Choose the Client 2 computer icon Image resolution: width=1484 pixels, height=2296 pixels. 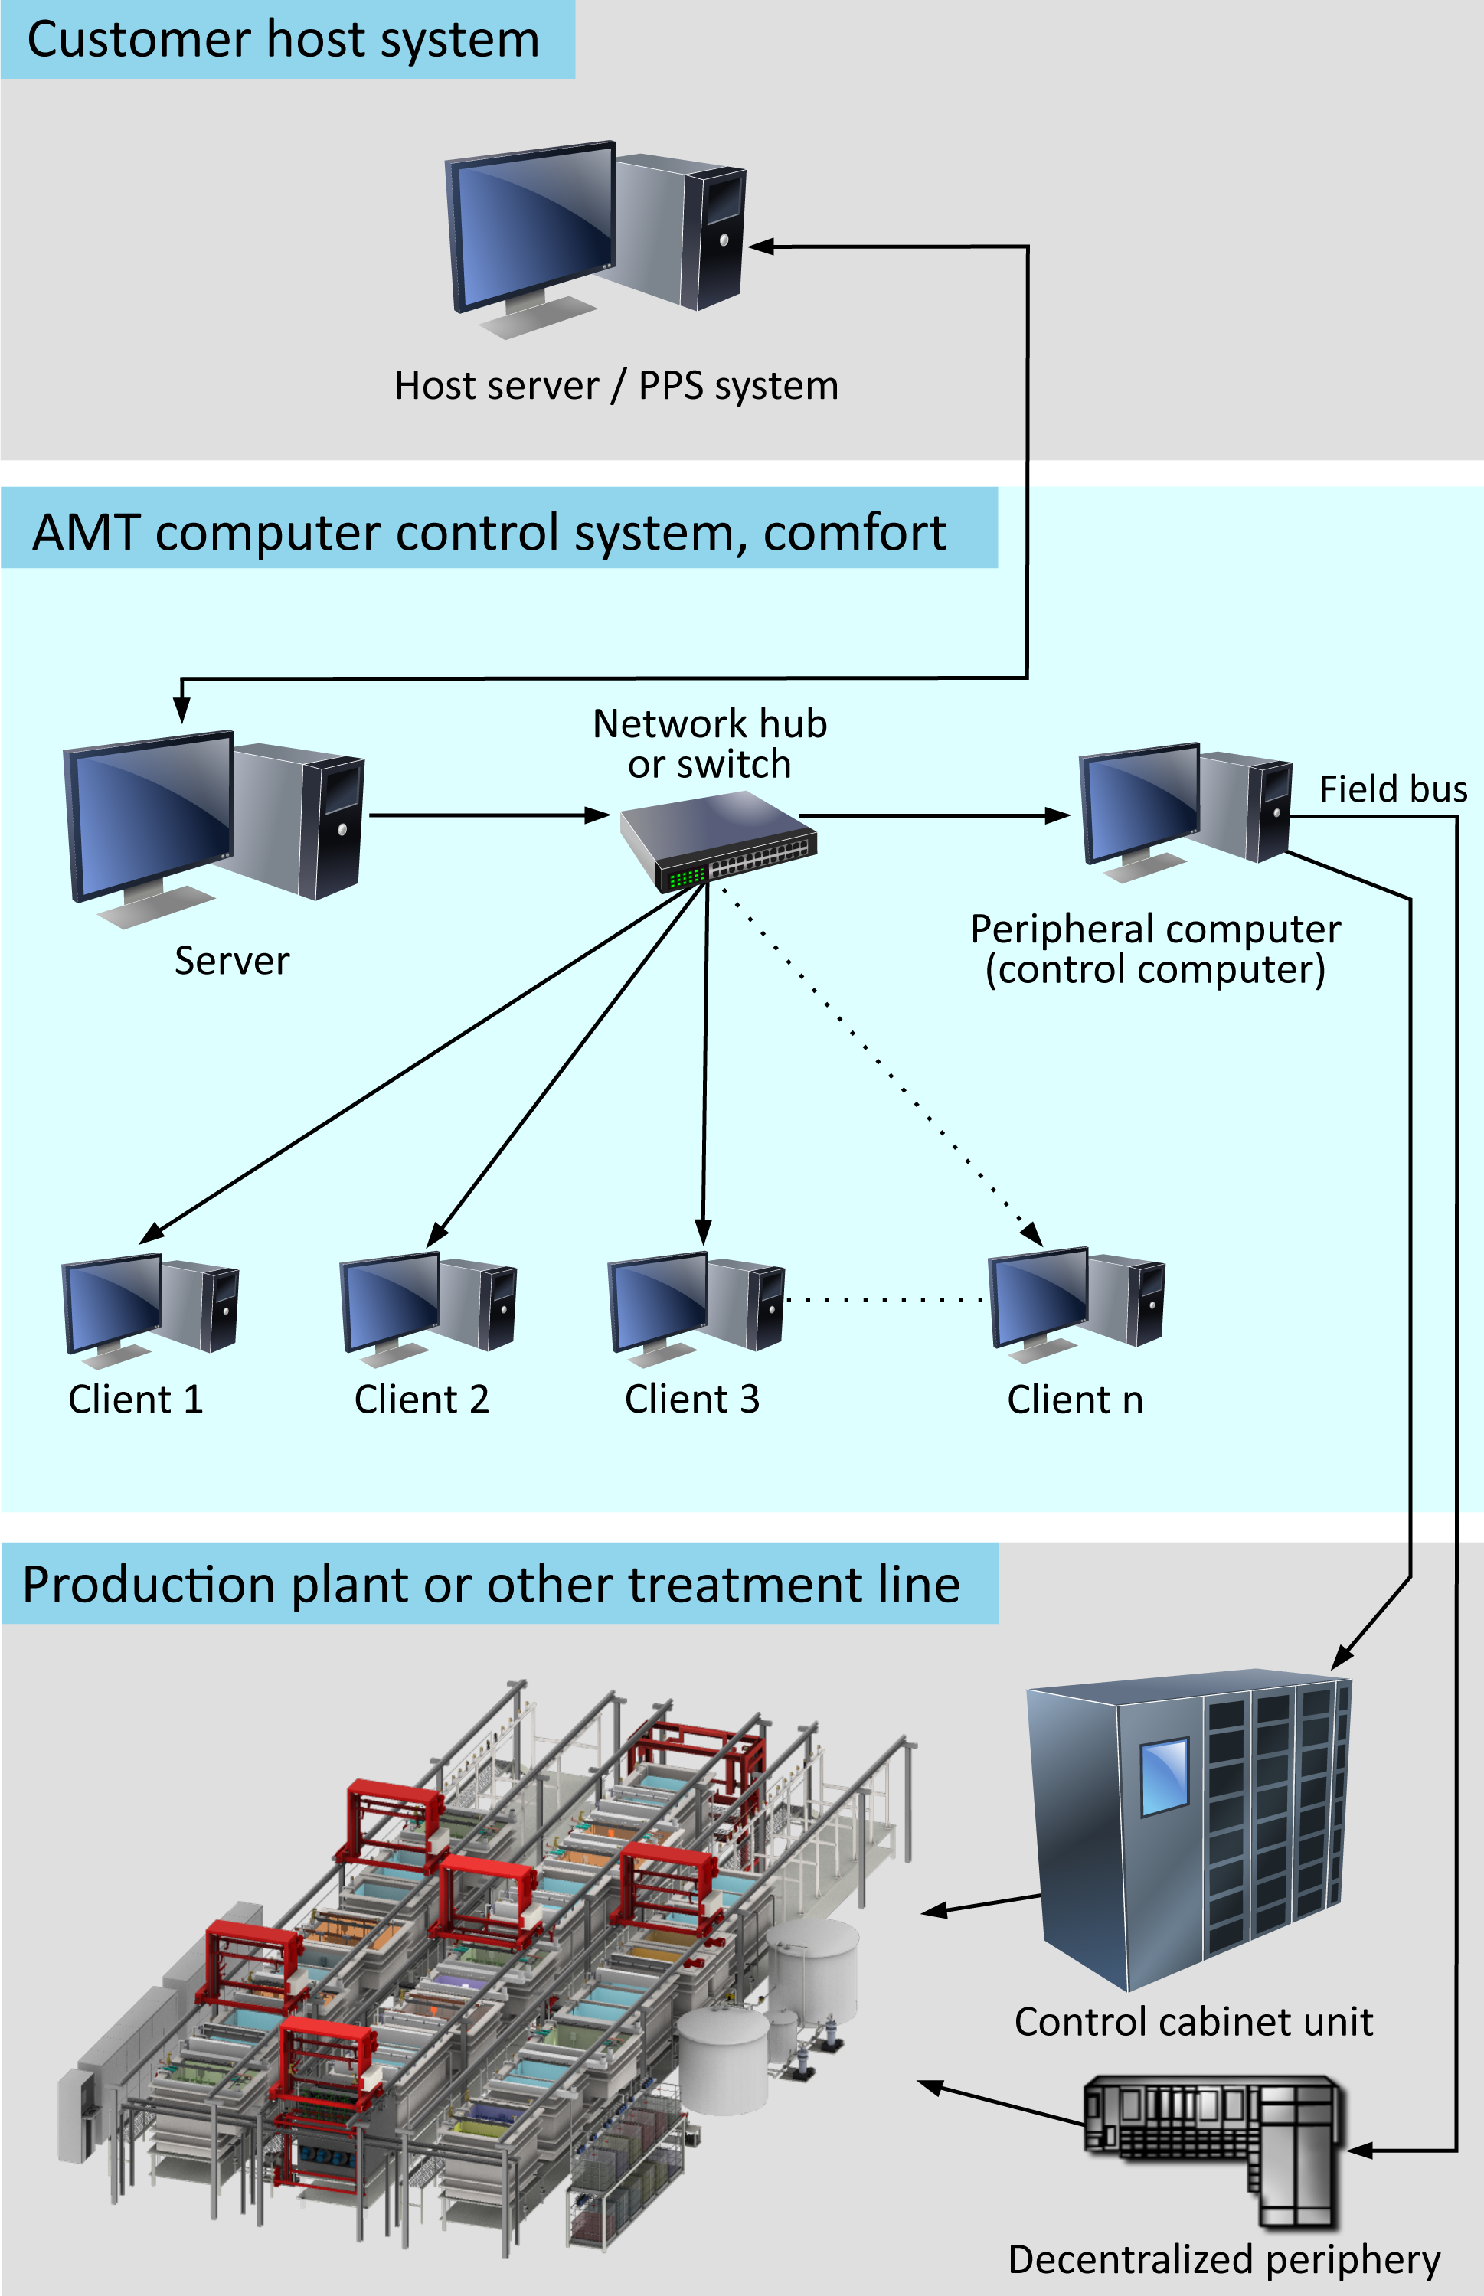pos(429,1308)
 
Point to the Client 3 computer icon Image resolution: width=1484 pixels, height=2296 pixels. pos(697,1308)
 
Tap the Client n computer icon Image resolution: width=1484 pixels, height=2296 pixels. pos(1077,1305)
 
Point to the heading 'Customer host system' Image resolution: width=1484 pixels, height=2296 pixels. pos(283,40)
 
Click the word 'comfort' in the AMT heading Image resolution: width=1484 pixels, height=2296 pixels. pos(855,533)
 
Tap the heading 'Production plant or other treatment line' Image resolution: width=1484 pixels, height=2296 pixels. pos(492,1585)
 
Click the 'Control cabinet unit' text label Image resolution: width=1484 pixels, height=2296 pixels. pos(1194,2021)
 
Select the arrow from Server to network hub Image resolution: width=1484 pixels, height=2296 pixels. pos(489,815)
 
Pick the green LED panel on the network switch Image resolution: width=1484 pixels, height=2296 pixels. pos(686,877)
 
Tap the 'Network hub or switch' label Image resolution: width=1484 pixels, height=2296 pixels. pos(710,743)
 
